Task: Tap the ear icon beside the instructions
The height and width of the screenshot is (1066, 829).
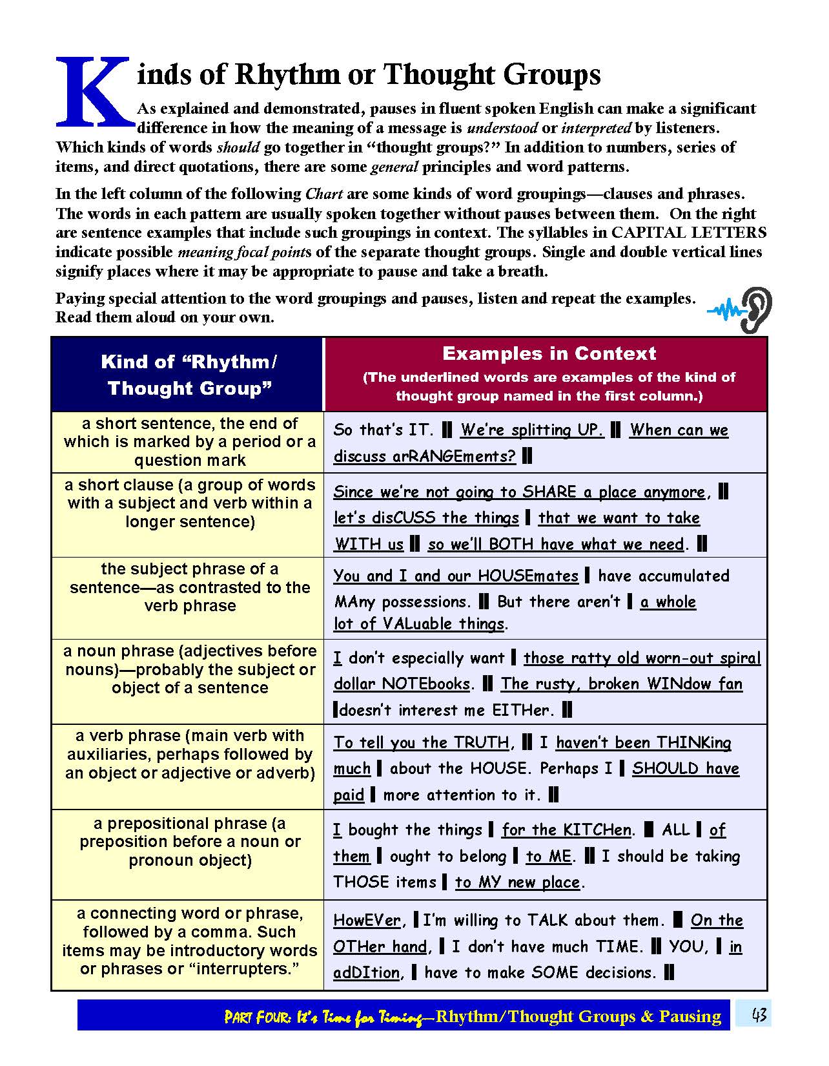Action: click(755, 310)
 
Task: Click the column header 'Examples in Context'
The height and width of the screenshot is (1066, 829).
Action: click(549, 353)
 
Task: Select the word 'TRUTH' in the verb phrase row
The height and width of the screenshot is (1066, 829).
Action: click(482, 742)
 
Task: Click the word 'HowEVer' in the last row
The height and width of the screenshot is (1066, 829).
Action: click(367, 920)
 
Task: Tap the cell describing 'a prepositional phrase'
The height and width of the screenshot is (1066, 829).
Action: click(189, 842)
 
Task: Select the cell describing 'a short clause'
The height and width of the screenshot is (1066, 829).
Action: click(189, 503)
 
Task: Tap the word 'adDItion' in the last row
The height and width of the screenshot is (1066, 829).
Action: click(366, 972)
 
